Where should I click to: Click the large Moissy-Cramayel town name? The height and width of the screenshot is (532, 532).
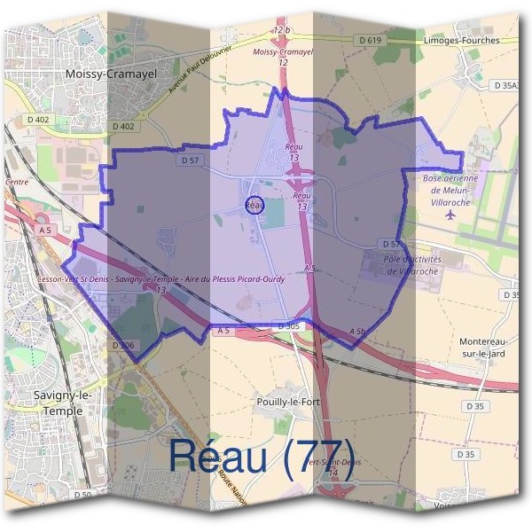coord(111,75)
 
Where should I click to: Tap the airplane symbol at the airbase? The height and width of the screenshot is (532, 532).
coord(450,214)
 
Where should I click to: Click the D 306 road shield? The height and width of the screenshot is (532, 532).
coord(122,343)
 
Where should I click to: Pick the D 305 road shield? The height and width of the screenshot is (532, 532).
coord(289,326)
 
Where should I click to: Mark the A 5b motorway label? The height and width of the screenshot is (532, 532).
coord(357,332)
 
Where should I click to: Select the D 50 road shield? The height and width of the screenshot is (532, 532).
coord(82,494)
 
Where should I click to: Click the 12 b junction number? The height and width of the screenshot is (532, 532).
coord(282,30)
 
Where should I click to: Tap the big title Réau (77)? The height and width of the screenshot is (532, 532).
coord(261,458)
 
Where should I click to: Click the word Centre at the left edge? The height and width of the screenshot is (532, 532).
coord(16,182)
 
